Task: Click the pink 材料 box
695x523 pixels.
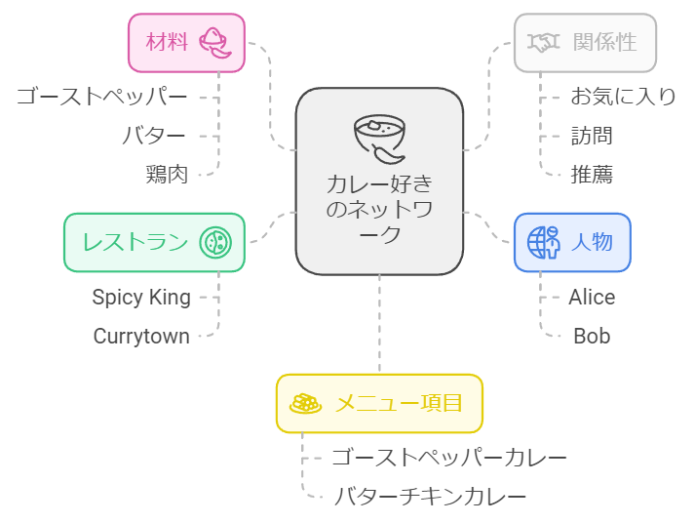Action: click(x=186, y=42)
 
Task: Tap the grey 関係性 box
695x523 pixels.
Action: click(x=585, y=42)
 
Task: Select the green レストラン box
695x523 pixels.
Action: click(x=154, y=242)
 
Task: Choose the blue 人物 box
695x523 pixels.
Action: click(x=572, y=242)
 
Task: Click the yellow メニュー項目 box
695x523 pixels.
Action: click(x=379, y=403)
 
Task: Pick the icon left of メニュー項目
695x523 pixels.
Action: click(x=306, y=403)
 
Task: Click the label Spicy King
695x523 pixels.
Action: click(x=141, y=297)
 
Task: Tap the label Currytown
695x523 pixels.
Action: click(x=141, y=336)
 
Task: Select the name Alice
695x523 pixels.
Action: click(x=592, y=297)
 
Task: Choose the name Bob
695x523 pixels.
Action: click(x=592, y=336)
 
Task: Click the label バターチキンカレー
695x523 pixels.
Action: click(x=430, y=496)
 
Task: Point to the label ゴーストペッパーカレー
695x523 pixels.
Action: click(x=449, y=457)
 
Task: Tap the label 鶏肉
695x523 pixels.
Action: click(x=167, y=175)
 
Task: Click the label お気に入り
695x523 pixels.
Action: click(x=623, y=96)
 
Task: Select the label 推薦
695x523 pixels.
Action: click(x=592, y=175)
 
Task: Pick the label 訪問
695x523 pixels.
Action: click(x=592, y=136)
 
